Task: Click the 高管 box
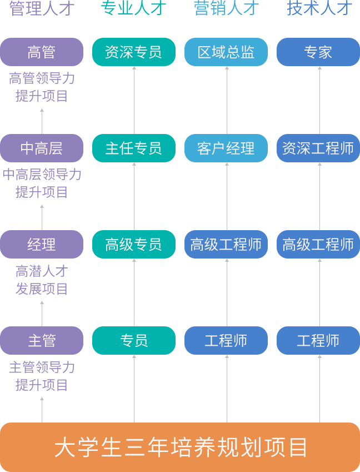42,52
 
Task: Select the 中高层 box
42,148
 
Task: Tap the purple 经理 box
42,244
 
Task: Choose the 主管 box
42,340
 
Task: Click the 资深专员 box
133,52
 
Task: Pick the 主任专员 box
133,148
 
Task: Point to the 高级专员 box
133,244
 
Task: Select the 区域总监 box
226,52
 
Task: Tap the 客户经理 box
226,148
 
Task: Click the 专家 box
318,52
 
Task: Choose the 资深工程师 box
318,148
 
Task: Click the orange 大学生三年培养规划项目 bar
180,447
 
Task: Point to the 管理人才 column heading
41,8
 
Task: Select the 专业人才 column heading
133,8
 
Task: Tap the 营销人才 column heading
226,8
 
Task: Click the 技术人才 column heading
319,8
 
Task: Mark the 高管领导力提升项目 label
42,87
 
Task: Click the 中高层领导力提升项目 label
42,183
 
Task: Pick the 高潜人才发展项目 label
42,280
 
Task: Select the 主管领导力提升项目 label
42,376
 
